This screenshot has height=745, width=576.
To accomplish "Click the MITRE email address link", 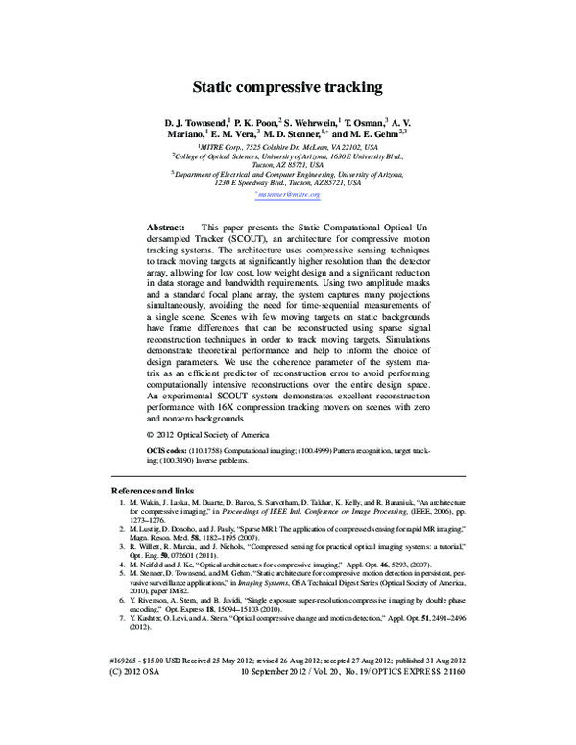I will pos(288,194).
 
